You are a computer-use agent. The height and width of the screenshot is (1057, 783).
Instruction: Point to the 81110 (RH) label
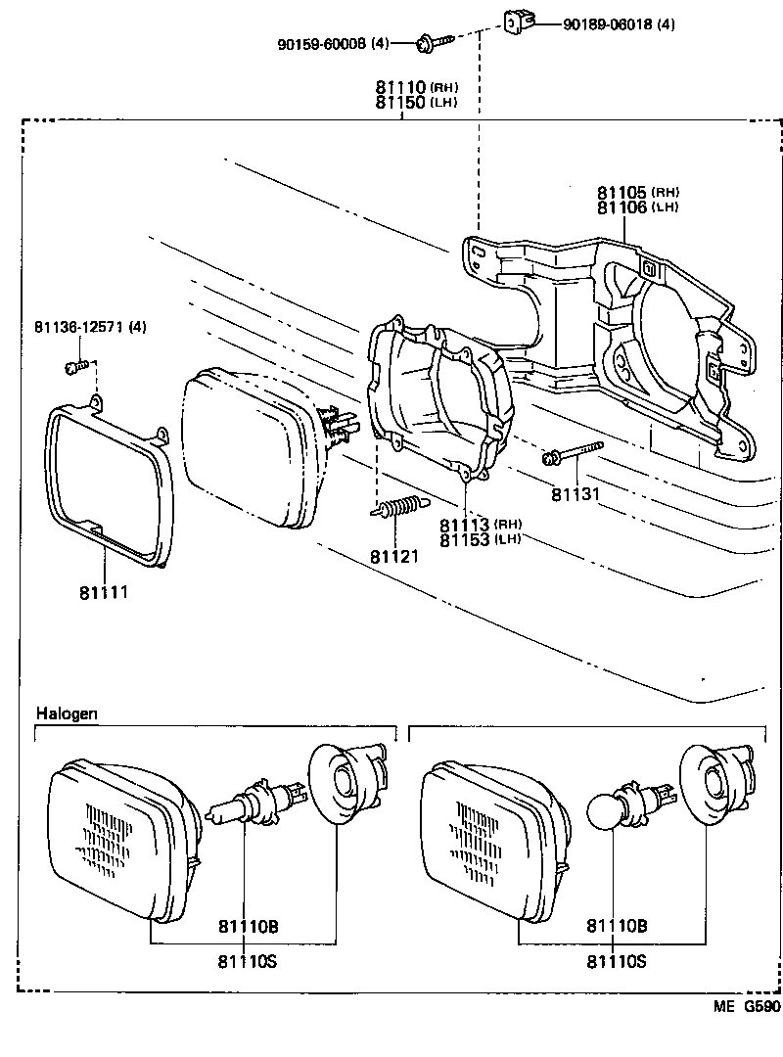pyautogui.click(x=416, y=87)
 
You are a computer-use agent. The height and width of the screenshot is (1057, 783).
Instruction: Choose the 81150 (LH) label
pyautogui.click(x=416, y=102)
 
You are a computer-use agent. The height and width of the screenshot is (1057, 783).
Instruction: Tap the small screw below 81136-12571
pyautogui.click(x=73, y=367)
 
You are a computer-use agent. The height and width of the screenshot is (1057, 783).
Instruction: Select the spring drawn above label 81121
pyautogui.click(x=397, y=508)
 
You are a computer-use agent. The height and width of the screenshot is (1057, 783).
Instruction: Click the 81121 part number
pyautogui.click(x=393, y=556)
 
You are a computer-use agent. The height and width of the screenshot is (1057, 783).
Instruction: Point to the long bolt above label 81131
pyautogui.click(x=570, y=453)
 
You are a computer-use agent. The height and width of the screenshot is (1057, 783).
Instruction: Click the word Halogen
pyautogui.click(x=67, y=713)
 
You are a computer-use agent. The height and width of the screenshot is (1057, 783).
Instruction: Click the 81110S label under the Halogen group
pyautogui.click(x=249, y=961)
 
